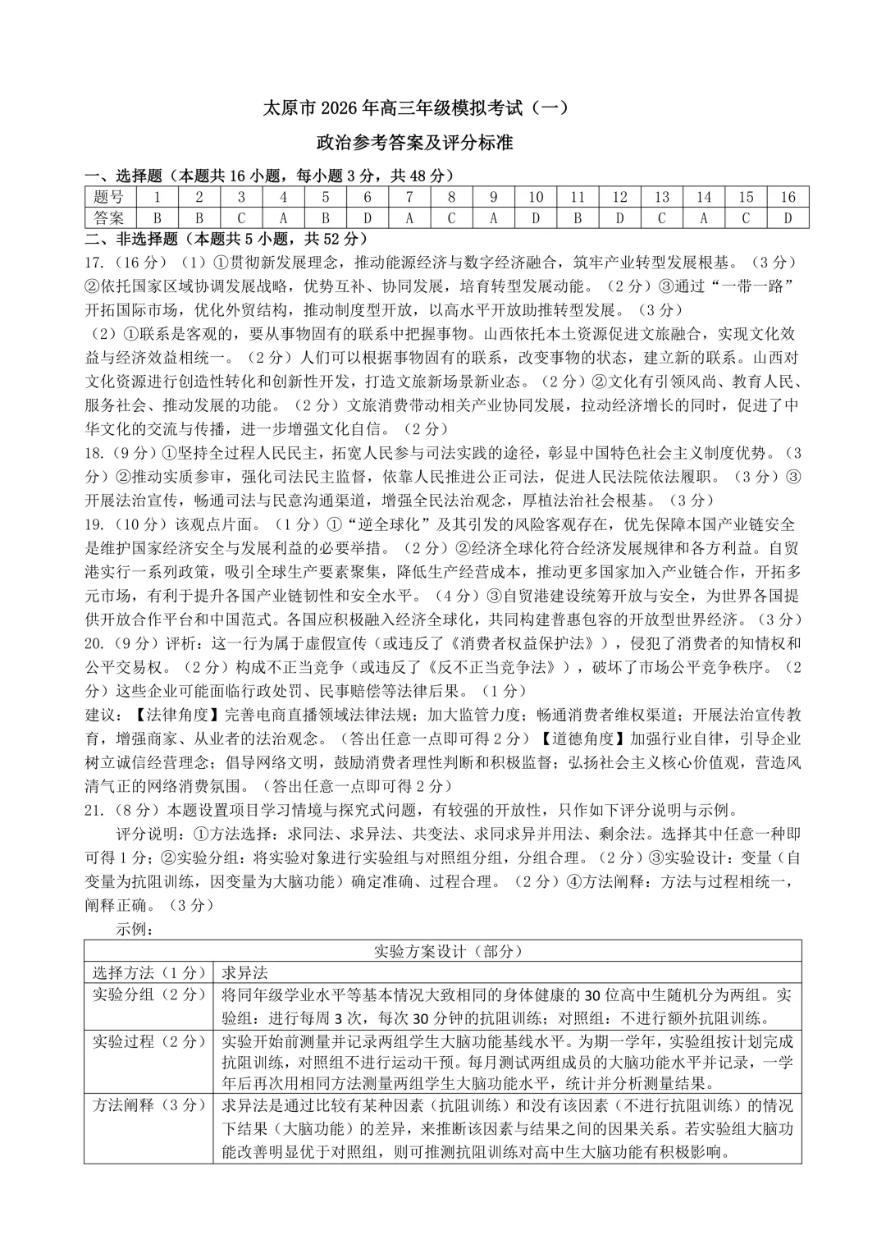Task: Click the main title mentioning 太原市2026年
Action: (414, 108)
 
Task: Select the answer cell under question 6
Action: (368, 218)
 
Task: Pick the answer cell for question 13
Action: (662, 218)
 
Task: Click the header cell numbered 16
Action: (788, 197)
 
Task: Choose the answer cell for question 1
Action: (158, 218)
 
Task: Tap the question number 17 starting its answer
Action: (94, 263)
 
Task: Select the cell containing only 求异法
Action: (245, 973)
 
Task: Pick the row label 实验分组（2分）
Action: (148, 995)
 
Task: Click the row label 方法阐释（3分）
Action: (148, 1106)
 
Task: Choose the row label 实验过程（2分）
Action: (148, 1041)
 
